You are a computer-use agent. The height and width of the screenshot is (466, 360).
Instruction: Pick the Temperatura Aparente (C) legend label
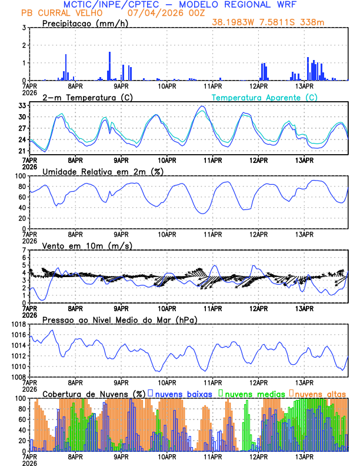265,97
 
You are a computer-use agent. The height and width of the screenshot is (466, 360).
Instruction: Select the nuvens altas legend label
320,394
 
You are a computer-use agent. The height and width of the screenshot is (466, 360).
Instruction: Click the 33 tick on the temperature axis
21,105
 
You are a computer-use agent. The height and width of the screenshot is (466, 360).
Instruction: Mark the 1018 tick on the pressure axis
18,324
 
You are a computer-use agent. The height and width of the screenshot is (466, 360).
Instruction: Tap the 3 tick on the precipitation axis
24,28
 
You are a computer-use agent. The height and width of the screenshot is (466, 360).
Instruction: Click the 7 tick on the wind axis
24,250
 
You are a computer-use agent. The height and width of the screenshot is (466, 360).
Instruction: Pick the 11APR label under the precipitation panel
212,86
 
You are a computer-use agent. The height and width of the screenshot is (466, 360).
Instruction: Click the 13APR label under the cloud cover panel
304,457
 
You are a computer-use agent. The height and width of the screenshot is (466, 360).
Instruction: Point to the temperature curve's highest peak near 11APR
202,106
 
